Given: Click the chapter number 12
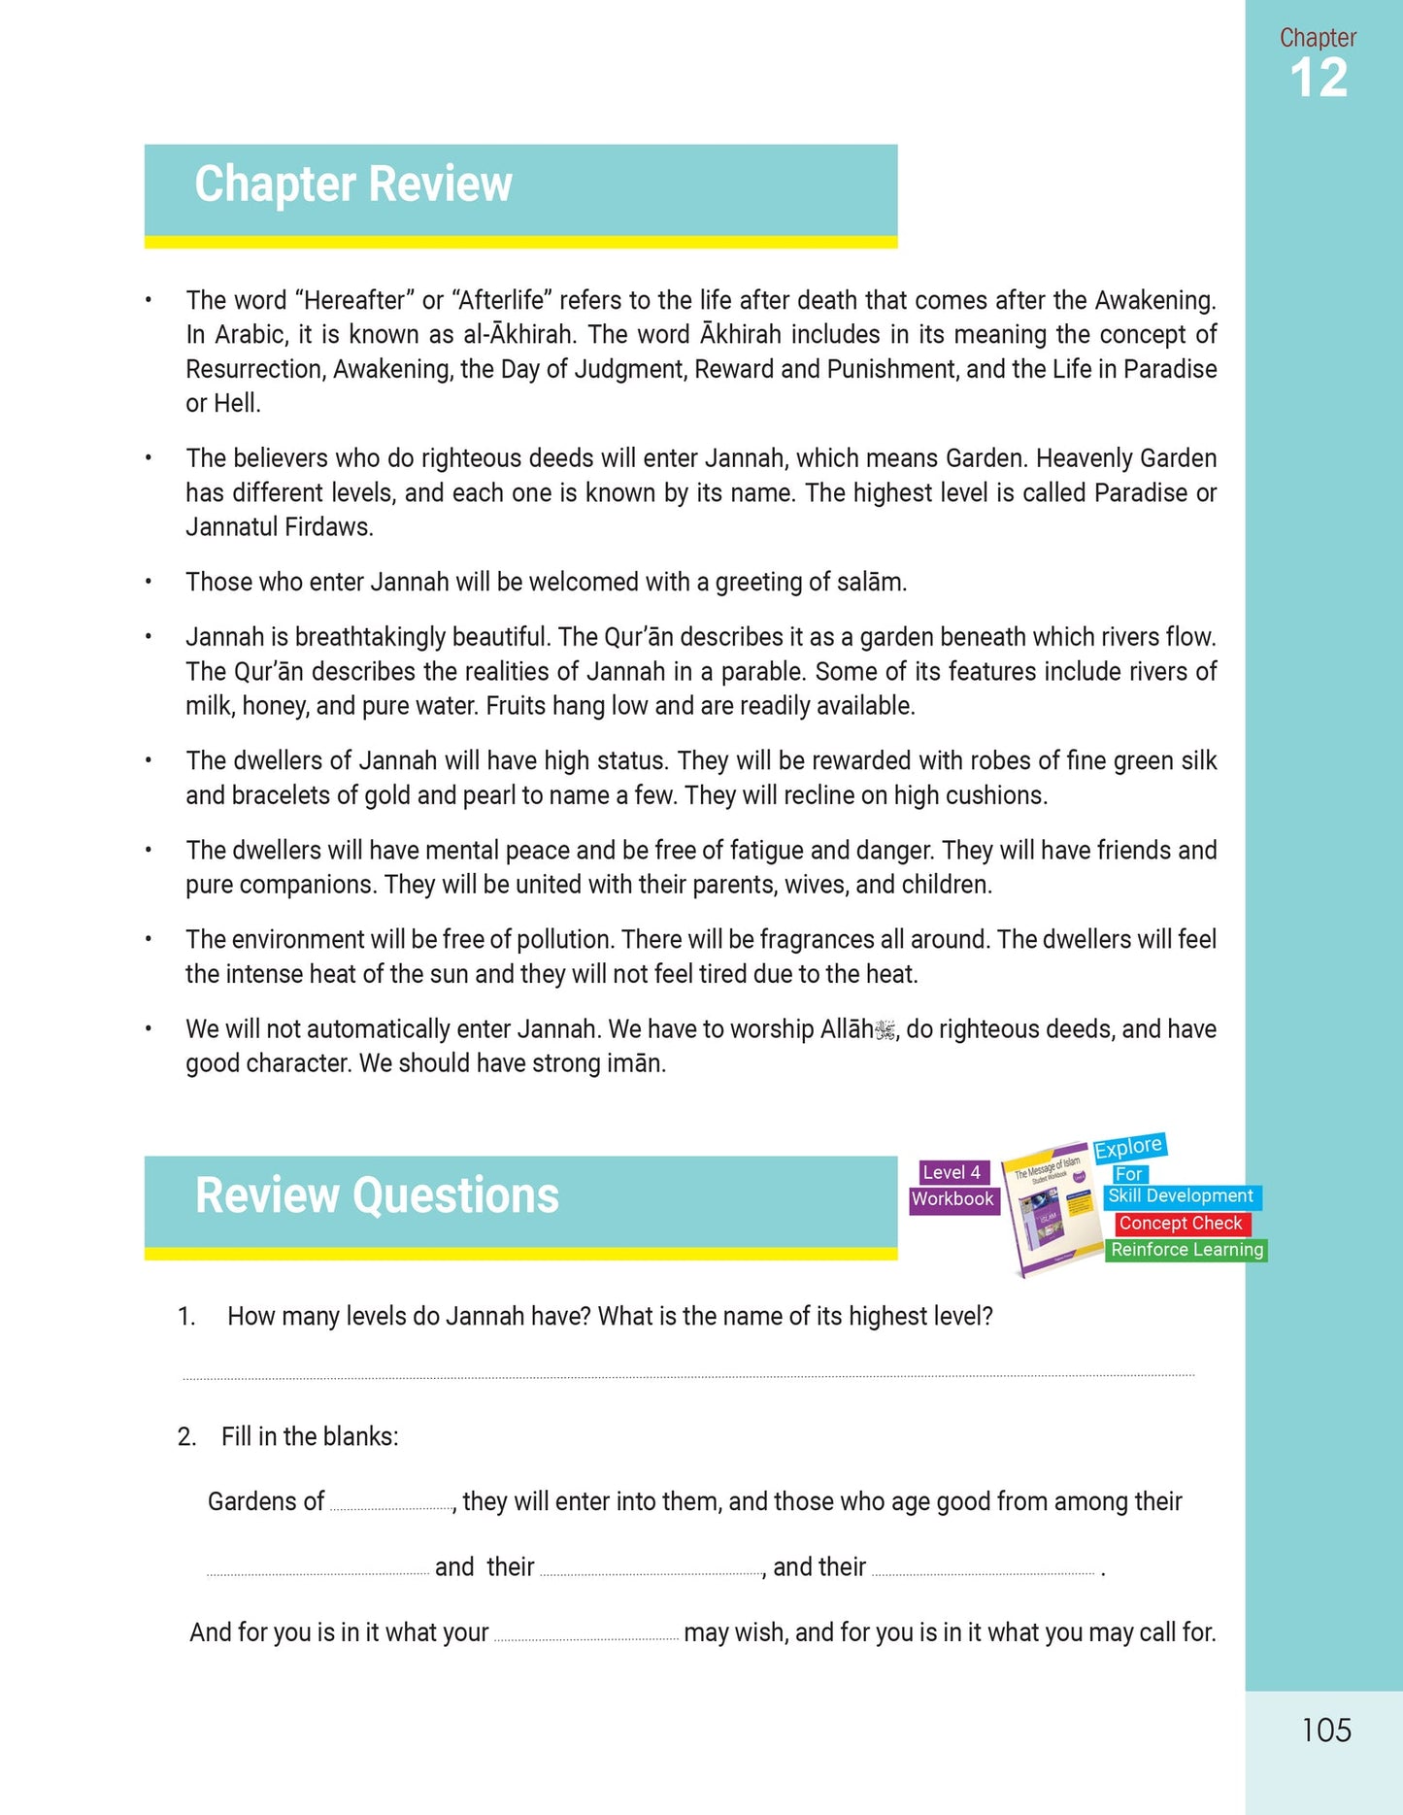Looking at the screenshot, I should click(x=1318, y=79).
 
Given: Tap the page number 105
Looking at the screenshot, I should click(x=1325, y=1731).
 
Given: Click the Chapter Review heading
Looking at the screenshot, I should click(x=352, y=185).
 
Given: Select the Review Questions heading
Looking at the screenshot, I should click(x=377, y=1195).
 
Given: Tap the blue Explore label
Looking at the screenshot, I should click(x=1128, y=1148).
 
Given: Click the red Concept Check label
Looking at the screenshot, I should click(x=1181, y=1224).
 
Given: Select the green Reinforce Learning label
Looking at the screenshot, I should click(x=1186, y=1250).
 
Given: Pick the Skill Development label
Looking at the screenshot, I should click(x=1181, y=1196).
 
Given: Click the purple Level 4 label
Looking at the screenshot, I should click(x=951, y=1172).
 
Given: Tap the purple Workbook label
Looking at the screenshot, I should click(x=952, y=1199).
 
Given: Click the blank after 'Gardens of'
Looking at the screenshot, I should click(x=390, y=1506).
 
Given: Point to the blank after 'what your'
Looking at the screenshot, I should click(x=585, y=1637).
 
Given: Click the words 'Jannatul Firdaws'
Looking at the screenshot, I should click(x=280, y=527).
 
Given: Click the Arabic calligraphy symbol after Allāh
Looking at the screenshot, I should click(x=885, y=1030).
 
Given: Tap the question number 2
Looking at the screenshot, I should click(x=186, y=1436).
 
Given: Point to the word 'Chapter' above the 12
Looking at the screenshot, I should click(x=1318, y=38).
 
